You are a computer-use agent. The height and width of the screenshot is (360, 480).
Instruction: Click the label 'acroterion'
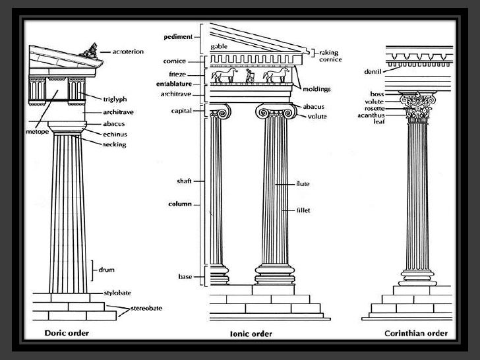[124, 51]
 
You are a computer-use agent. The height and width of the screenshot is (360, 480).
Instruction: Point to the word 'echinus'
[114, 134]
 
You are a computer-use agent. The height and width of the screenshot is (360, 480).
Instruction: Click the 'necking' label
[115, 144]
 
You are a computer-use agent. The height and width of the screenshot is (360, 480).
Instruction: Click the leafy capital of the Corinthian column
[419, 107]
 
